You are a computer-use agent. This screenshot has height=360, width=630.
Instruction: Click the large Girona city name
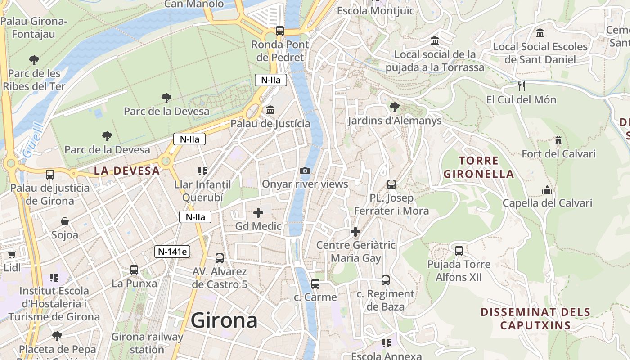pos(224,320)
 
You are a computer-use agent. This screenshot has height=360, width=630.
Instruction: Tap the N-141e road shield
pos(172,252)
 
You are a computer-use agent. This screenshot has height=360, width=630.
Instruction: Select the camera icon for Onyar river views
pos(305,171)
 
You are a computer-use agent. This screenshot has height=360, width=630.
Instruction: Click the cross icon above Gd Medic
pos(258,213)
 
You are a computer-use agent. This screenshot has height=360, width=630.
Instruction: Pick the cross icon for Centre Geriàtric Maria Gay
pos(355,232)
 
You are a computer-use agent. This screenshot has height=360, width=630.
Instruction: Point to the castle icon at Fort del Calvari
pos(558,140)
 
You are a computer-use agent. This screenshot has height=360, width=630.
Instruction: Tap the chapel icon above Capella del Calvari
pos(547,190)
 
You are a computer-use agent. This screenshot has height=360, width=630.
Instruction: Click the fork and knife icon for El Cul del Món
pos(522,86)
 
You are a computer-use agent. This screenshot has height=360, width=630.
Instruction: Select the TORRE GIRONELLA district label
pos(478,167)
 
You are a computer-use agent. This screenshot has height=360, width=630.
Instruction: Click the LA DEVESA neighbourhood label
pos(127,171)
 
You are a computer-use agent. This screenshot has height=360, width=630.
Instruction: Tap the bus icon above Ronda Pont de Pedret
pos(280,31)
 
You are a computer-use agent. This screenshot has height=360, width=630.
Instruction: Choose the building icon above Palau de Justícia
pos(270,110)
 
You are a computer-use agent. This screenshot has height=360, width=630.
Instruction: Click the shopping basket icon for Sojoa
pos(65,221)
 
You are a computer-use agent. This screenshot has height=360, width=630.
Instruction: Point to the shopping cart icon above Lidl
pos(12,254)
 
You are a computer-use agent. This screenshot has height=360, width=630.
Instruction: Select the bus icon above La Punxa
pos(134,270)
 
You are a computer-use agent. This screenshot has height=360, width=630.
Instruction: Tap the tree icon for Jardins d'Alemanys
pos(395,107)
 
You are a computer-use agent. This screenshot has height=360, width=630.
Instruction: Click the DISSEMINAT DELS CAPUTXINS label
pos(535,319)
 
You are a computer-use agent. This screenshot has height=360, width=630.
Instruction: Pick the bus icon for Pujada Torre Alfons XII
pos(459,251)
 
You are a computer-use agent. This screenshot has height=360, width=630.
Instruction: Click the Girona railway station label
pos(147,343)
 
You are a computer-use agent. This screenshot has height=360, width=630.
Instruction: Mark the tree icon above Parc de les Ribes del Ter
pos(34,60)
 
